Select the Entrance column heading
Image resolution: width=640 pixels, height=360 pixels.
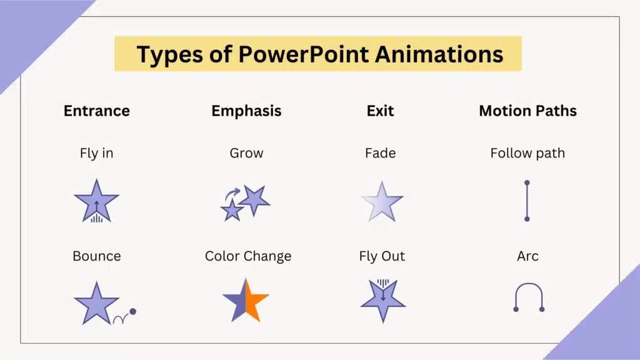97,111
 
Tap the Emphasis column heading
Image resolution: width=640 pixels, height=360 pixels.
246,111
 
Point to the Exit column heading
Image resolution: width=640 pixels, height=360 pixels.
380,111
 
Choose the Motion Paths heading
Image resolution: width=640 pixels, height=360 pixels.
527,111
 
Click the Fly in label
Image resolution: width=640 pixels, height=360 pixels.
97,153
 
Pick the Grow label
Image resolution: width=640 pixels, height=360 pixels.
246,153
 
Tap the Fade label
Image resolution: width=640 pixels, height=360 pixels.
380,153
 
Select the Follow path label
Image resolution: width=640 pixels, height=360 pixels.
527,153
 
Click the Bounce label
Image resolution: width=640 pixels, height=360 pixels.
97,256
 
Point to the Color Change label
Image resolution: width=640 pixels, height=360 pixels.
248,256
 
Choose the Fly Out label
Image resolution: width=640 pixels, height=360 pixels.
382,256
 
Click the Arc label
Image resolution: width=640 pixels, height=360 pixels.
527,256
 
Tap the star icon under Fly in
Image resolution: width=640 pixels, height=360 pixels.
96,201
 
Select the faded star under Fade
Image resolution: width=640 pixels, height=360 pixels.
382,202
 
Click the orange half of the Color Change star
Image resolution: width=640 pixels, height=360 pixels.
255,300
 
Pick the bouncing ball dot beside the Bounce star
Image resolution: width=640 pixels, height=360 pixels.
132,311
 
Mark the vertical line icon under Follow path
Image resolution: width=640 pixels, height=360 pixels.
527,201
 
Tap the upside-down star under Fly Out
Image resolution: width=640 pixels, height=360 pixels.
382,300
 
